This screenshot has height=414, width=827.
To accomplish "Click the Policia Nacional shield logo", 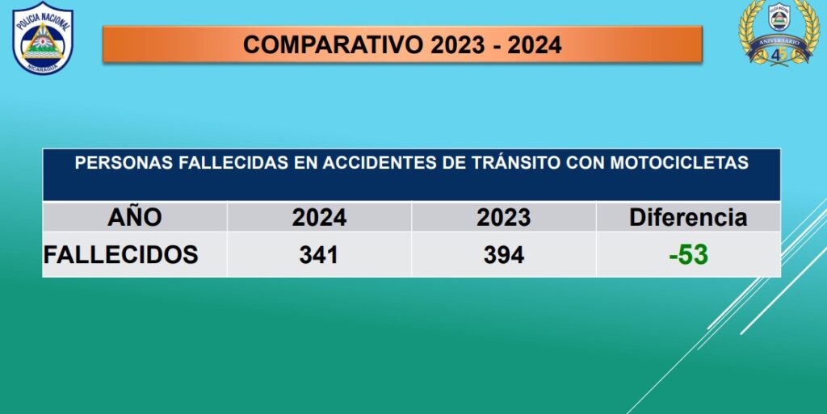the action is coord(43,38).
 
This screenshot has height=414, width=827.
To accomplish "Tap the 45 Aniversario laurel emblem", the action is coord(779,32).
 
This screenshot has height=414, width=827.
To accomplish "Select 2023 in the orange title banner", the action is coord(457,44).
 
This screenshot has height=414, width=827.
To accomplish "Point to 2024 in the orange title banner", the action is coord(535,44).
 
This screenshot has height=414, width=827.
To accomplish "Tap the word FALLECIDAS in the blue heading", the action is coord(233,163).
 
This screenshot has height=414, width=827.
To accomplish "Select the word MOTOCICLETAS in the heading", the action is coord(679,163).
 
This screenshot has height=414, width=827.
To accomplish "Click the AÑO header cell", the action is coord(135,217).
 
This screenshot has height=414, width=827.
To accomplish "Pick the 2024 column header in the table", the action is coord(319,218).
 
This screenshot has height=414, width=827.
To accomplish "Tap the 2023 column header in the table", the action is coord(504,218).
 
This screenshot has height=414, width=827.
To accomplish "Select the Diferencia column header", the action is coord(688,217).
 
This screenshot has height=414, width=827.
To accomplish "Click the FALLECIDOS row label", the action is coord(121,254).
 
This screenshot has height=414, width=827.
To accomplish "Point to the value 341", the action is coord(318,256).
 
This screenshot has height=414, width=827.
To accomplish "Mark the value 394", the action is coord(504,256).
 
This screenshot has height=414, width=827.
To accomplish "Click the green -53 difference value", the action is coord(688,255).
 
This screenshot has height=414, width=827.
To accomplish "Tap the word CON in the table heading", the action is coord(586,163).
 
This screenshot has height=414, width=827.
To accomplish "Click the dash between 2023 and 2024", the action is coord(496,46).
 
